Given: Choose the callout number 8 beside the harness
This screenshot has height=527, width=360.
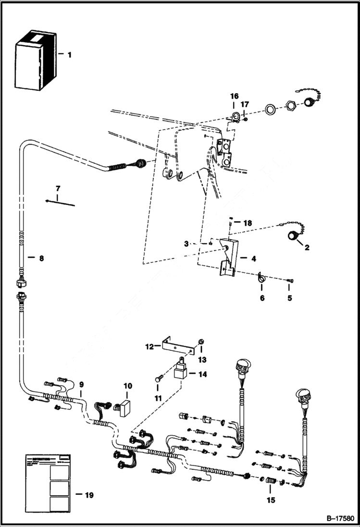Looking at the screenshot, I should [41, 258].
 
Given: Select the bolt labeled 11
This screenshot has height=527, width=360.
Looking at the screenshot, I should [158, 380].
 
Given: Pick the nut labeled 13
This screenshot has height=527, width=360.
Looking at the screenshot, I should [202, 341].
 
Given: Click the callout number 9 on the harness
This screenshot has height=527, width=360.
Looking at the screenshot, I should [81, 384].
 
